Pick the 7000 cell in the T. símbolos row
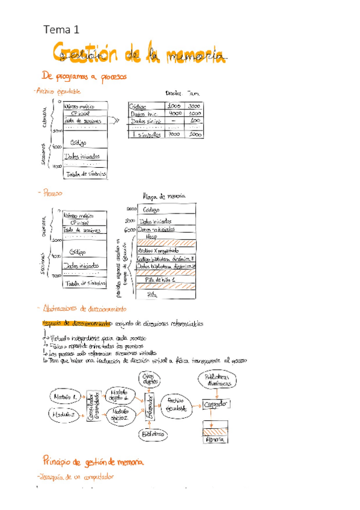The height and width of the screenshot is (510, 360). click(175, 135)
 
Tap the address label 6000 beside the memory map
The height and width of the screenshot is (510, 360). click(130, 229)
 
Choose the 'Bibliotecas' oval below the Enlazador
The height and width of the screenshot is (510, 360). click(151, 433)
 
